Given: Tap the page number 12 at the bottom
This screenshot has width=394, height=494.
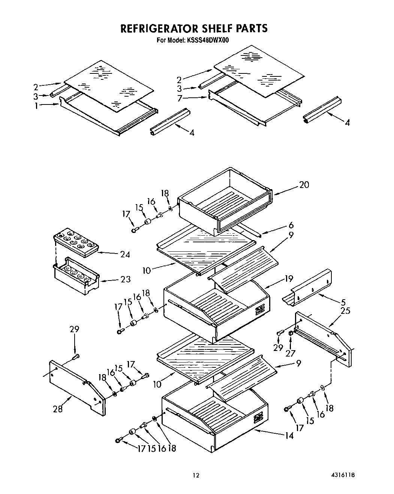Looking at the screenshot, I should pos(196,476).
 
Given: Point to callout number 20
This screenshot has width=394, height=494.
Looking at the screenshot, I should pos(304,185).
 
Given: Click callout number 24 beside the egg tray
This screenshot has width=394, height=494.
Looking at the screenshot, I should pos(125,254).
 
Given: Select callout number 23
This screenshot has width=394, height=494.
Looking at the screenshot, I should pos(126,279).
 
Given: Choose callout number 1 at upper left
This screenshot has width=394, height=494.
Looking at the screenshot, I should pos(36,106).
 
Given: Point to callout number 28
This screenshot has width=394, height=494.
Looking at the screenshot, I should pos(58,409).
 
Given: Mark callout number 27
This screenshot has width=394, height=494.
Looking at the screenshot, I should pos(291,352).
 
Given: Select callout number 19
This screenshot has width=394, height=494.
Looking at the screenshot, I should pos(288,278).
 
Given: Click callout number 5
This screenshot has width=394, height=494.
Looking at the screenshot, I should pos(343,301).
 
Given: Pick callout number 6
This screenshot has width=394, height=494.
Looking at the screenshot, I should pos(291,225).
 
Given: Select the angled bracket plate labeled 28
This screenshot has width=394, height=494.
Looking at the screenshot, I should pos(77,386).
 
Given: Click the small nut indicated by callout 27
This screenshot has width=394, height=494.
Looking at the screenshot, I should pos(291,333).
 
